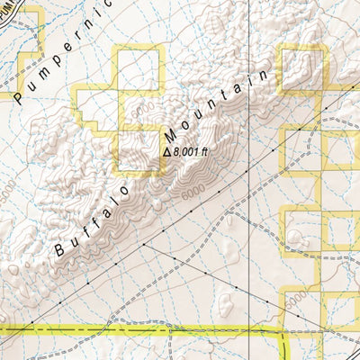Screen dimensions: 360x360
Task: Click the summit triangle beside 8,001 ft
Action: [166, 152]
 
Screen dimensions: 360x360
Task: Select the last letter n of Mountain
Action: [264, 75]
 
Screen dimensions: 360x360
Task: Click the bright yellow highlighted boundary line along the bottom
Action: [135, 331]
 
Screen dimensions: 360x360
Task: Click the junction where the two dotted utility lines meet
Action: [143, 244]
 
